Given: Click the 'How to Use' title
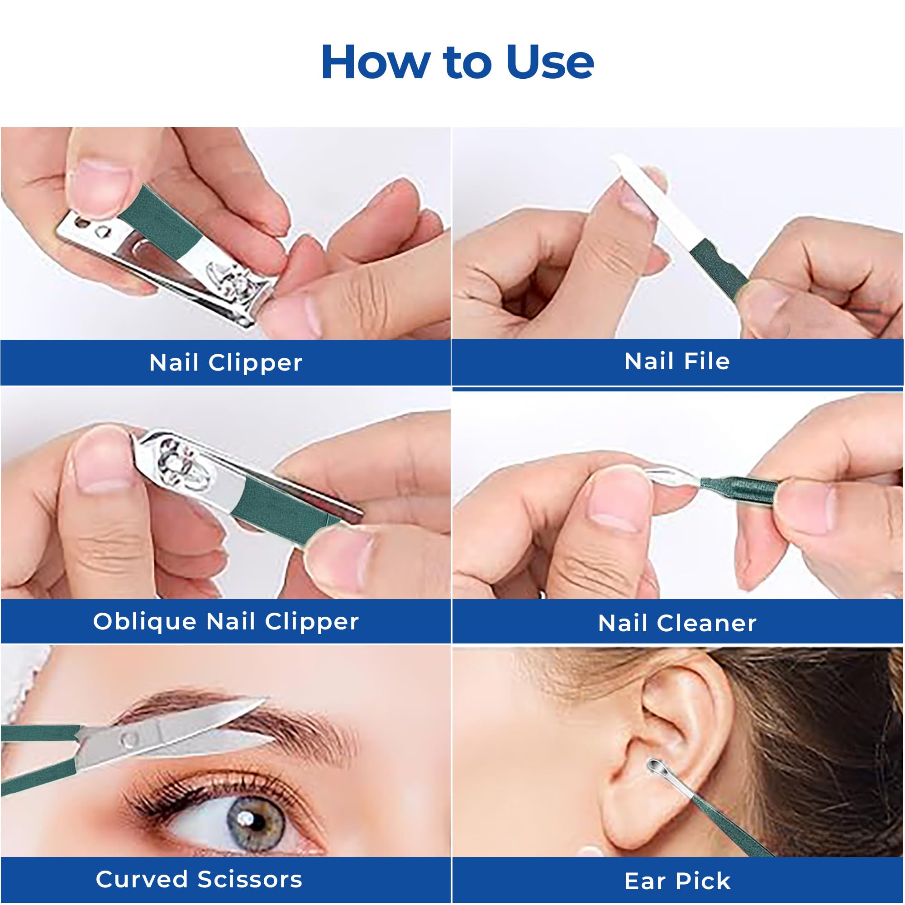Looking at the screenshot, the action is [x=457, y=62].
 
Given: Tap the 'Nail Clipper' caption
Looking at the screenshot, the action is [x=226, y=363].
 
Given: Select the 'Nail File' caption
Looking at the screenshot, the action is [x=677, y=362].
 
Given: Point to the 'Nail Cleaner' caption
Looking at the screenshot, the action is [x=677, y=624].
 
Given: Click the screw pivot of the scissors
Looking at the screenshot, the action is [x=129, y=740].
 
